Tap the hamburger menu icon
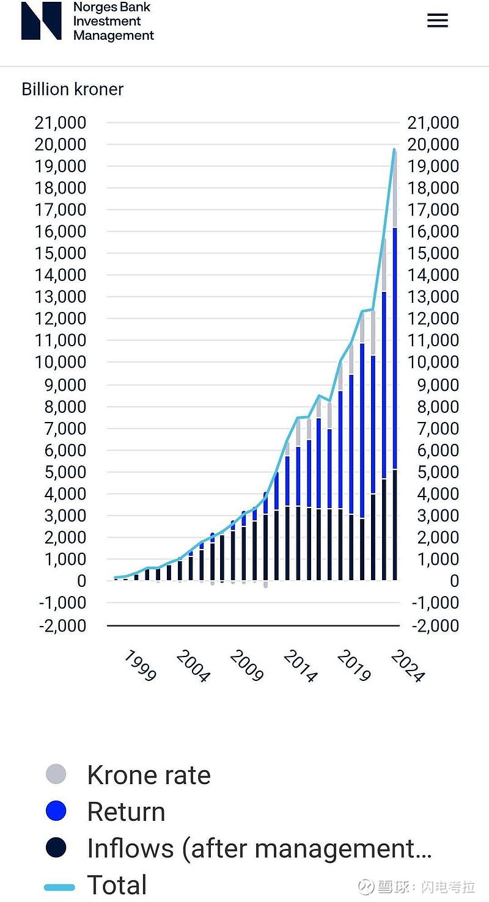(x=437, y=21)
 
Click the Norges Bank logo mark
(x=41, y=21)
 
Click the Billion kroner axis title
(x=72, y=89)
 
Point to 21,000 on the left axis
(x=61, y=123)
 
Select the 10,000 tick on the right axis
(x=433, y=362)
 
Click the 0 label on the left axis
(x=81, y=581)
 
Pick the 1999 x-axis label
(x=140, y=666)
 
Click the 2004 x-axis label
(x=193, y=666)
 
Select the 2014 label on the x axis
(x=301, y=666)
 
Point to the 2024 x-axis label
(x=407, y=666)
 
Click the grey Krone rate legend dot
(x=56, y=774)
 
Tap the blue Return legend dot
(x=56, y=811)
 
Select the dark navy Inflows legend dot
(x=56, y=848)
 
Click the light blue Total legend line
(x=60, y=887)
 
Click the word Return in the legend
(x=126, y=812)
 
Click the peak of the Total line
(x=394, y=150)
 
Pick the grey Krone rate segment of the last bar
(x=395, y=189)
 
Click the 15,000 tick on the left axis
(x=61, y=253)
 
